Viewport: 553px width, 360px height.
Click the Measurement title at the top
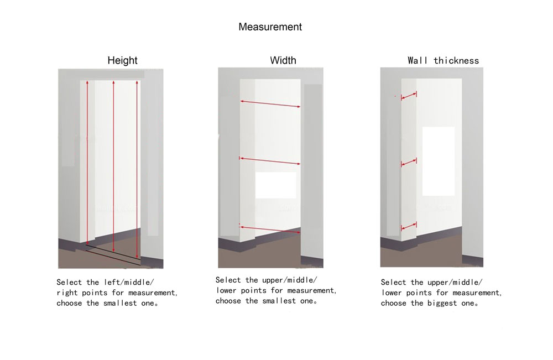[270, 27]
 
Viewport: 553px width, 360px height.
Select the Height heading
[122, 60]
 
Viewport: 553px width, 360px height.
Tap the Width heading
[283, 60]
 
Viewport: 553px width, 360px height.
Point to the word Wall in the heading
[418, 61]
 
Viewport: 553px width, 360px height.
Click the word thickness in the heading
[456, 61]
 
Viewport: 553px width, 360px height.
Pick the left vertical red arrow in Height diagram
[87, 162]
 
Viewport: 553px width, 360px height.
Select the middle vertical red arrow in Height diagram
[113, 166]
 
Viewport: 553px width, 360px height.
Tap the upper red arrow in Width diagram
[270, 103]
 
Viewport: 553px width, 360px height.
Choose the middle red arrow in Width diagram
[270, 161]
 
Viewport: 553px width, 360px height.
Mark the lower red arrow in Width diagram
[270, 229]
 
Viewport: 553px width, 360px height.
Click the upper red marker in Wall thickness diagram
[409, 96]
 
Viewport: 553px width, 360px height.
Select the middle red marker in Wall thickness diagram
[409, 163]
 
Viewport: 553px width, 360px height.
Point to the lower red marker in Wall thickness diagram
[409, 226]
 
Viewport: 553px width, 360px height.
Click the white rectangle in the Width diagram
[276, 185]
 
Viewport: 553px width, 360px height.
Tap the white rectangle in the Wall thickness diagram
[439, 161]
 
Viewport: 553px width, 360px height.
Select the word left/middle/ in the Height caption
[129, 282]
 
